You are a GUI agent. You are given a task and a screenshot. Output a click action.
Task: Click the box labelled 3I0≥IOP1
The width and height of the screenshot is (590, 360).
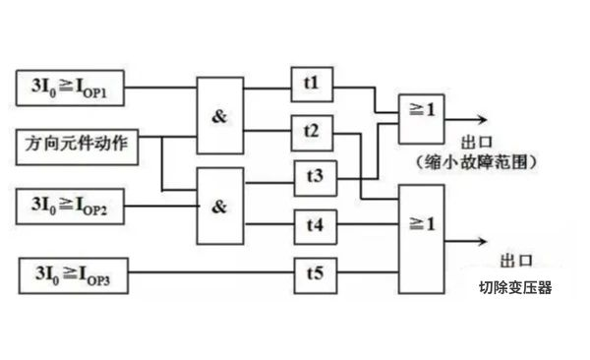[x=72, y=87]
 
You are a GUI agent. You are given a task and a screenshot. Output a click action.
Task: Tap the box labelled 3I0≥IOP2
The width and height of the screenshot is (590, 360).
[x=72, y=206]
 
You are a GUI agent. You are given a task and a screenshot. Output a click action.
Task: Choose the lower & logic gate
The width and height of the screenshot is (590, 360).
[x=220, y=206]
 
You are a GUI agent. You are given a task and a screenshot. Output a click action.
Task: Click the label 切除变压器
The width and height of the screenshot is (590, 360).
[x=516, y=289]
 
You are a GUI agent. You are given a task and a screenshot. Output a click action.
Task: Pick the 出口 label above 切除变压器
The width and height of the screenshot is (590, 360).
[x=515, y=260]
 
